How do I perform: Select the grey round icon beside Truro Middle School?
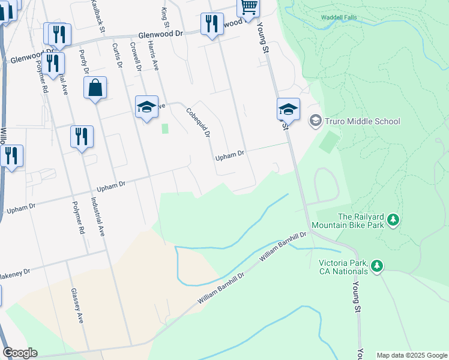[315, 121]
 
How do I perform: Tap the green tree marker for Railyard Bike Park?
[393, 220]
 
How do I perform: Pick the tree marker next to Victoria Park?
[376, 265]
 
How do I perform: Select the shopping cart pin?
[248, 6]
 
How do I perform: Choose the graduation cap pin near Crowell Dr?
[146, 107]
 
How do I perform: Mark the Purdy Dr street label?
[84, 64]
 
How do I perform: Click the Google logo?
[20, 353]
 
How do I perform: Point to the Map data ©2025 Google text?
[411, 355]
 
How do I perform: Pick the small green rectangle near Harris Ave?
[165, 128]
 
